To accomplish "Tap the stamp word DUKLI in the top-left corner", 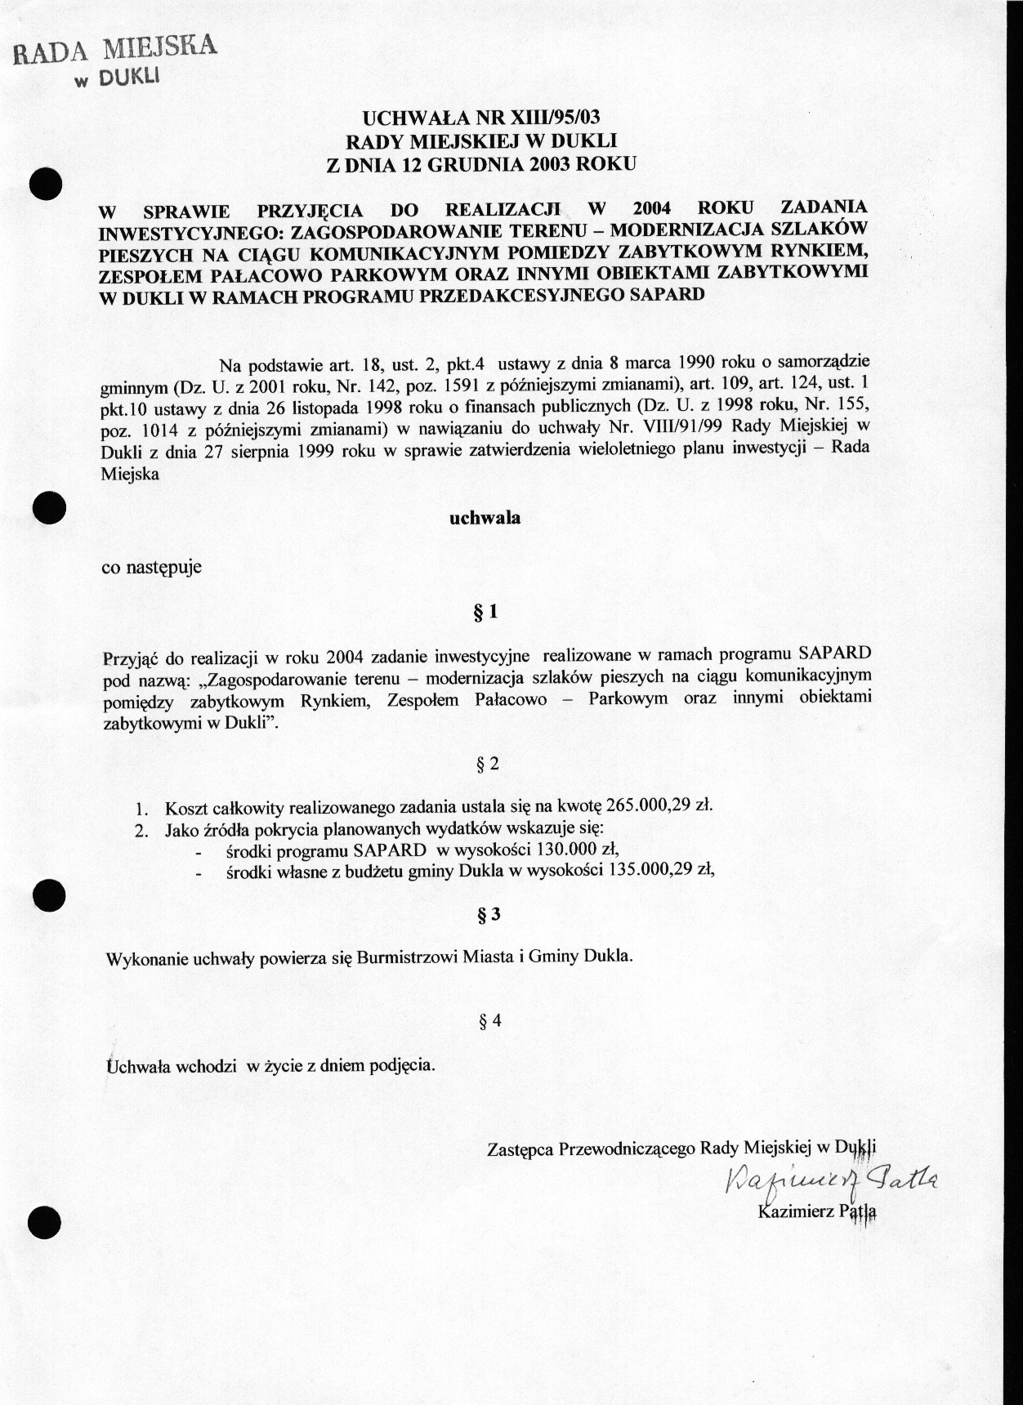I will (x=130, y=78).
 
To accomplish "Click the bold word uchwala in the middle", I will (x=485, y=517).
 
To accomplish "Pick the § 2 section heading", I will (x=487, y=765).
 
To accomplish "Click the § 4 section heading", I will (x=490, y=1020).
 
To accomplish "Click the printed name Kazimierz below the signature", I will (x=793, y=1210).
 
